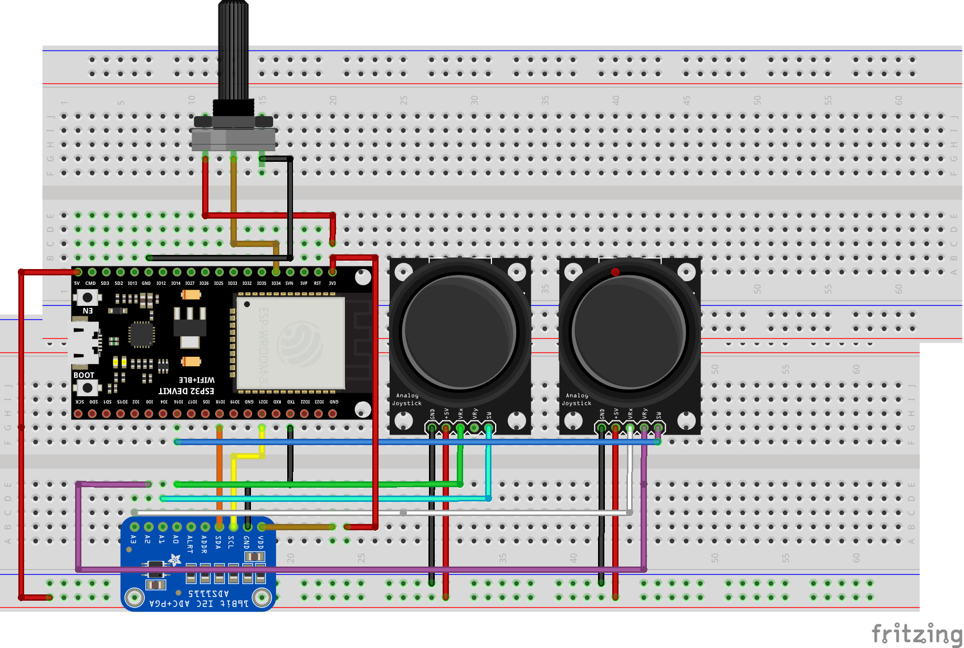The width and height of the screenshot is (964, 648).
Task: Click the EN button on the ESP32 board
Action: (x=87, y=298)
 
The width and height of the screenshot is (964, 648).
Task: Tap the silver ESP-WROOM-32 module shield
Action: (x=290, y=343)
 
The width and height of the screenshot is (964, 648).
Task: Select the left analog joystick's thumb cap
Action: (x=459, y=332)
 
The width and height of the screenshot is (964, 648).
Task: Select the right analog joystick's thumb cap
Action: (x=628, y=332)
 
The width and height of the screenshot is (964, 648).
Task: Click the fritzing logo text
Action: (x=916, y=634)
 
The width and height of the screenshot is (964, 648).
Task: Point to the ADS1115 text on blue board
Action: (x=208, y=594)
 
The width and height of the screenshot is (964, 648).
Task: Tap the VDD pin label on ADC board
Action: (x=260, y=541)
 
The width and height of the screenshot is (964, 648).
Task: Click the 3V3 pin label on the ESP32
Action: (x=332, y=283)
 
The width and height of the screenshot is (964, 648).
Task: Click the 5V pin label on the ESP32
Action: (x=77, y=283)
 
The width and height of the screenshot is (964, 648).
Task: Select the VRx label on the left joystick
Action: (x=460, y=413)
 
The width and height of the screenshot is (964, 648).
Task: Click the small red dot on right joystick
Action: (x=615, y=272)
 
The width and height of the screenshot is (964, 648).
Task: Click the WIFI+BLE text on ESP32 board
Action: (x=196, y=380)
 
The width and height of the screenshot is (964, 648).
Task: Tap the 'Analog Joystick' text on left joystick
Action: (x=407, y=399)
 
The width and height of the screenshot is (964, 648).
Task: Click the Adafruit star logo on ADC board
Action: (x=174, y=561)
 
